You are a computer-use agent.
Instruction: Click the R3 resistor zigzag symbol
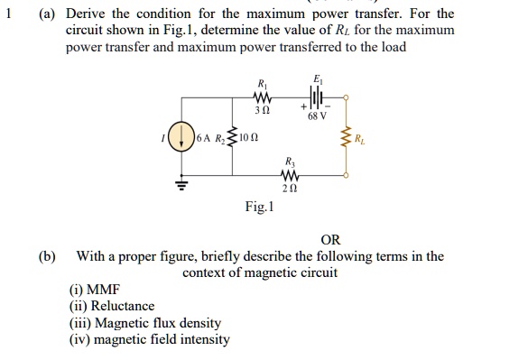[x=290, y=175]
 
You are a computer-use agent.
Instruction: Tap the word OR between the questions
[x=330, y=240]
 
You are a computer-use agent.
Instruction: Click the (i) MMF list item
[x=88, y=291]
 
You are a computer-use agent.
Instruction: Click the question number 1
[x=8, y=14]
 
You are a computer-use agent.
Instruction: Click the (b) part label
[x=46, y=256]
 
